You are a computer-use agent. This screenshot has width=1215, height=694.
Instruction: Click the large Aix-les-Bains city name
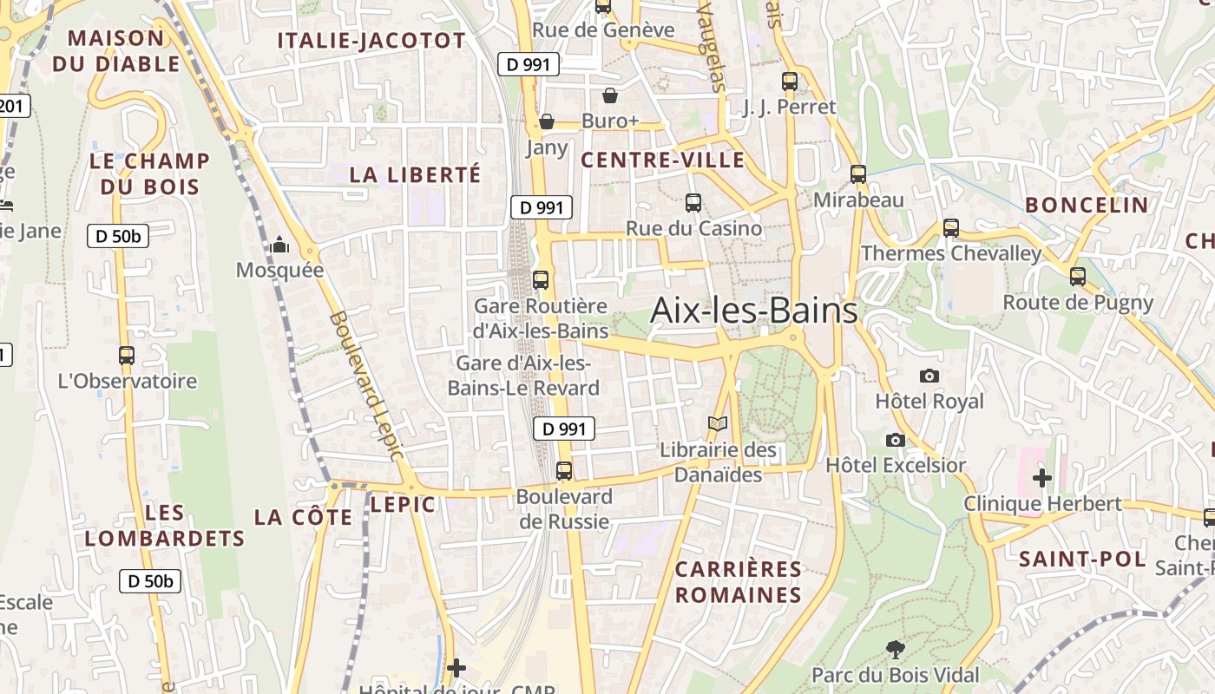pos(753,310)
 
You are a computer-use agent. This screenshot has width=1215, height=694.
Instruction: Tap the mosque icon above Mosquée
pos(279,246)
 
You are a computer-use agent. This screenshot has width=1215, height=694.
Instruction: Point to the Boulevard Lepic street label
pos(367,386)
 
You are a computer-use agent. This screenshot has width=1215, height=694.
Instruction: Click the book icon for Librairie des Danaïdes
pos(718,424)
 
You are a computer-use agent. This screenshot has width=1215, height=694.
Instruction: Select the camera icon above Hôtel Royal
pos(929,376)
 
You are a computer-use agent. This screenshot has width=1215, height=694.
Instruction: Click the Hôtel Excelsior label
pos(896,465)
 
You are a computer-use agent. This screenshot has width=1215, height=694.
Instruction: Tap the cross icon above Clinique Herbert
pos(1042,477)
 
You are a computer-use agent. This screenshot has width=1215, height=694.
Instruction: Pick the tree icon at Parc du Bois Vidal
pos(895,649)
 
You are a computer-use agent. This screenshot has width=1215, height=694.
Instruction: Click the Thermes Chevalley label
pos(950,253)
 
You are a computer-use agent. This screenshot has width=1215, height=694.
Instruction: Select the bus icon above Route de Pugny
pos(1078,277)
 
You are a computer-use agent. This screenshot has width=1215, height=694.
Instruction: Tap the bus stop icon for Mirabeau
pos(858,174)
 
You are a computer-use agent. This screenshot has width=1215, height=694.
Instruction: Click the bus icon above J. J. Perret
pos(790,82)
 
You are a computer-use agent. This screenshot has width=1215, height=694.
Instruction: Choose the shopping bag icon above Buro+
pos(610,95)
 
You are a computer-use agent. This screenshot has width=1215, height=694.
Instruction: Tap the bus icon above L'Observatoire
pos(127,355)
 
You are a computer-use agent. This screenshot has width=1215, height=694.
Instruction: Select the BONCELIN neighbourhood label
pos(1087,205)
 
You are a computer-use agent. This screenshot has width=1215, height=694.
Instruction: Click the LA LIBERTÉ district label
pos(415,174)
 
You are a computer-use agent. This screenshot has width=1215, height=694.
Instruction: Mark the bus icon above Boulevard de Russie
pos(564,471)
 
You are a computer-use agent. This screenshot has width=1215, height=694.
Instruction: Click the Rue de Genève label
pos(603,30)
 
